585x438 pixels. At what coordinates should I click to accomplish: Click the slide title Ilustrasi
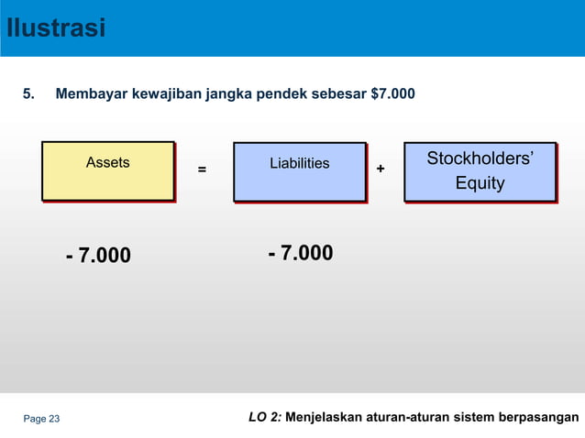tap(55, 27)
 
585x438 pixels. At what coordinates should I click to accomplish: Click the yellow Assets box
tap(107, 170)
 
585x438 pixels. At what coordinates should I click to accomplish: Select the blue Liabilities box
tap(299, 170)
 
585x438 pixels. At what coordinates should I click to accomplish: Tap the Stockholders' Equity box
tap(480, 170)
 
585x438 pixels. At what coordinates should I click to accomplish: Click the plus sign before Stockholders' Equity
tap(381, 169)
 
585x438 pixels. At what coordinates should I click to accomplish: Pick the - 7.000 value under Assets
tap(98, 255)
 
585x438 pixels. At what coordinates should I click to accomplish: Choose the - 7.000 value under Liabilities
tap(300, 253)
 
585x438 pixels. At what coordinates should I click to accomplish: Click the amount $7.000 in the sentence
tap(392, 93)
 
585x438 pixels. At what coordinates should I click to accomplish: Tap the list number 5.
tap(28, 93)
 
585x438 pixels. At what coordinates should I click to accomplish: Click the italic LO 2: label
tap(265, 419)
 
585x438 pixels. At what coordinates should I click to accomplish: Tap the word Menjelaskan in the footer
tap(327, 419)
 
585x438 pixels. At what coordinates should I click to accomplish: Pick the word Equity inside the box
tap(480, 183)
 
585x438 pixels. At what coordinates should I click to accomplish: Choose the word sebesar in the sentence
tap(340, 93)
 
